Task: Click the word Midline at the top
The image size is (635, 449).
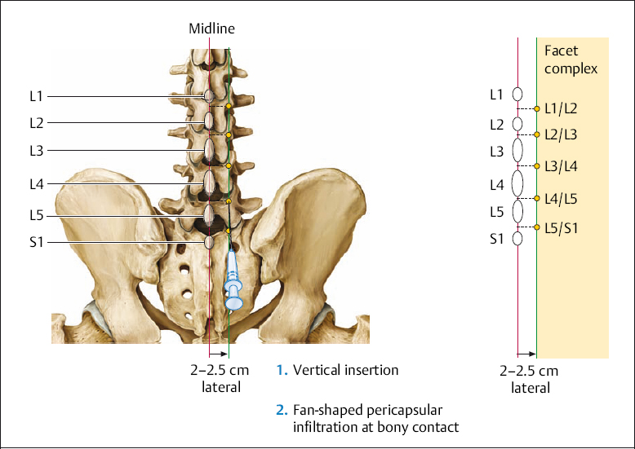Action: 211,29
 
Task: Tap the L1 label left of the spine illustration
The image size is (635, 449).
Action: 35,96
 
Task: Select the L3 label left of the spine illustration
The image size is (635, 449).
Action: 35,150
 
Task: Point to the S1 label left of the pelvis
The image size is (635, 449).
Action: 35,242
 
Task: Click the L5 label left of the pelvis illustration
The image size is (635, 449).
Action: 35,215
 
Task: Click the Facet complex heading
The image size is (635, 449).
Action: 571,59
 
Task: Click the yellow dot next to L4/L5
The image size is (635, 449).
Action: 536,198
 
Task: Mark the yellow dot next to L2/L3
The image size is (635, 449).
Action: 536,134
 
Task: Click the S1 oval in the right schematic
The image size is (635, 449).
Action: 517,239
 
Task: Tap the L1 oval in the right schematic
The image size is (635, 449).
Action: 517,95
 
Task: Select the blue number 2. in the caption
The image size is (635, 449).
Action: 282,410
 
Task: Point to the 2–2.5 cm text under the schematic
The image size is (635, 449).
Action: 529,372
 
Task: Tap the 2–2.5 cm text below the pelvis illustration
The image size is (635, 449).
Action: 220,370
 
